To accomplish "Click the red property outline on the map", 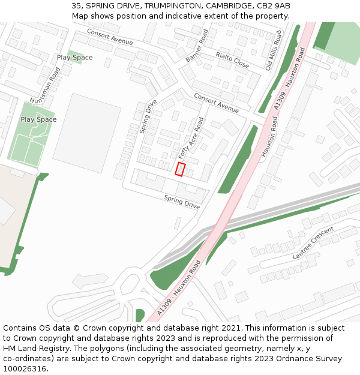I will click(180, 169).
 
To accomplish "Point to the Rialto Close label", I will click(232, 59).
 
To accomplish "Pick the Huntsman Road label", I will click(46, 89).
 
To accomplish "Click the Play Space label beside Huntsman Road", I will click(38, 119).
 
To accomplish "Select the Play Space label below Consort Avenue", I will click(74, 58).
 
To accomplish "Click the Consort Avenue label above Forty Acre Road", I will click(216, 103).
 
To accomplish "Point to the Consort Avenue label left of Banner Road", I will click(110, 37).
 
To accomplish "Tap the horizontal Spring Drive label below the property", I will click(182, 202).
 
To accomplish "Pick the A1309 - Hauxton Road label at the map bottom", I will click(179, 289).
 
